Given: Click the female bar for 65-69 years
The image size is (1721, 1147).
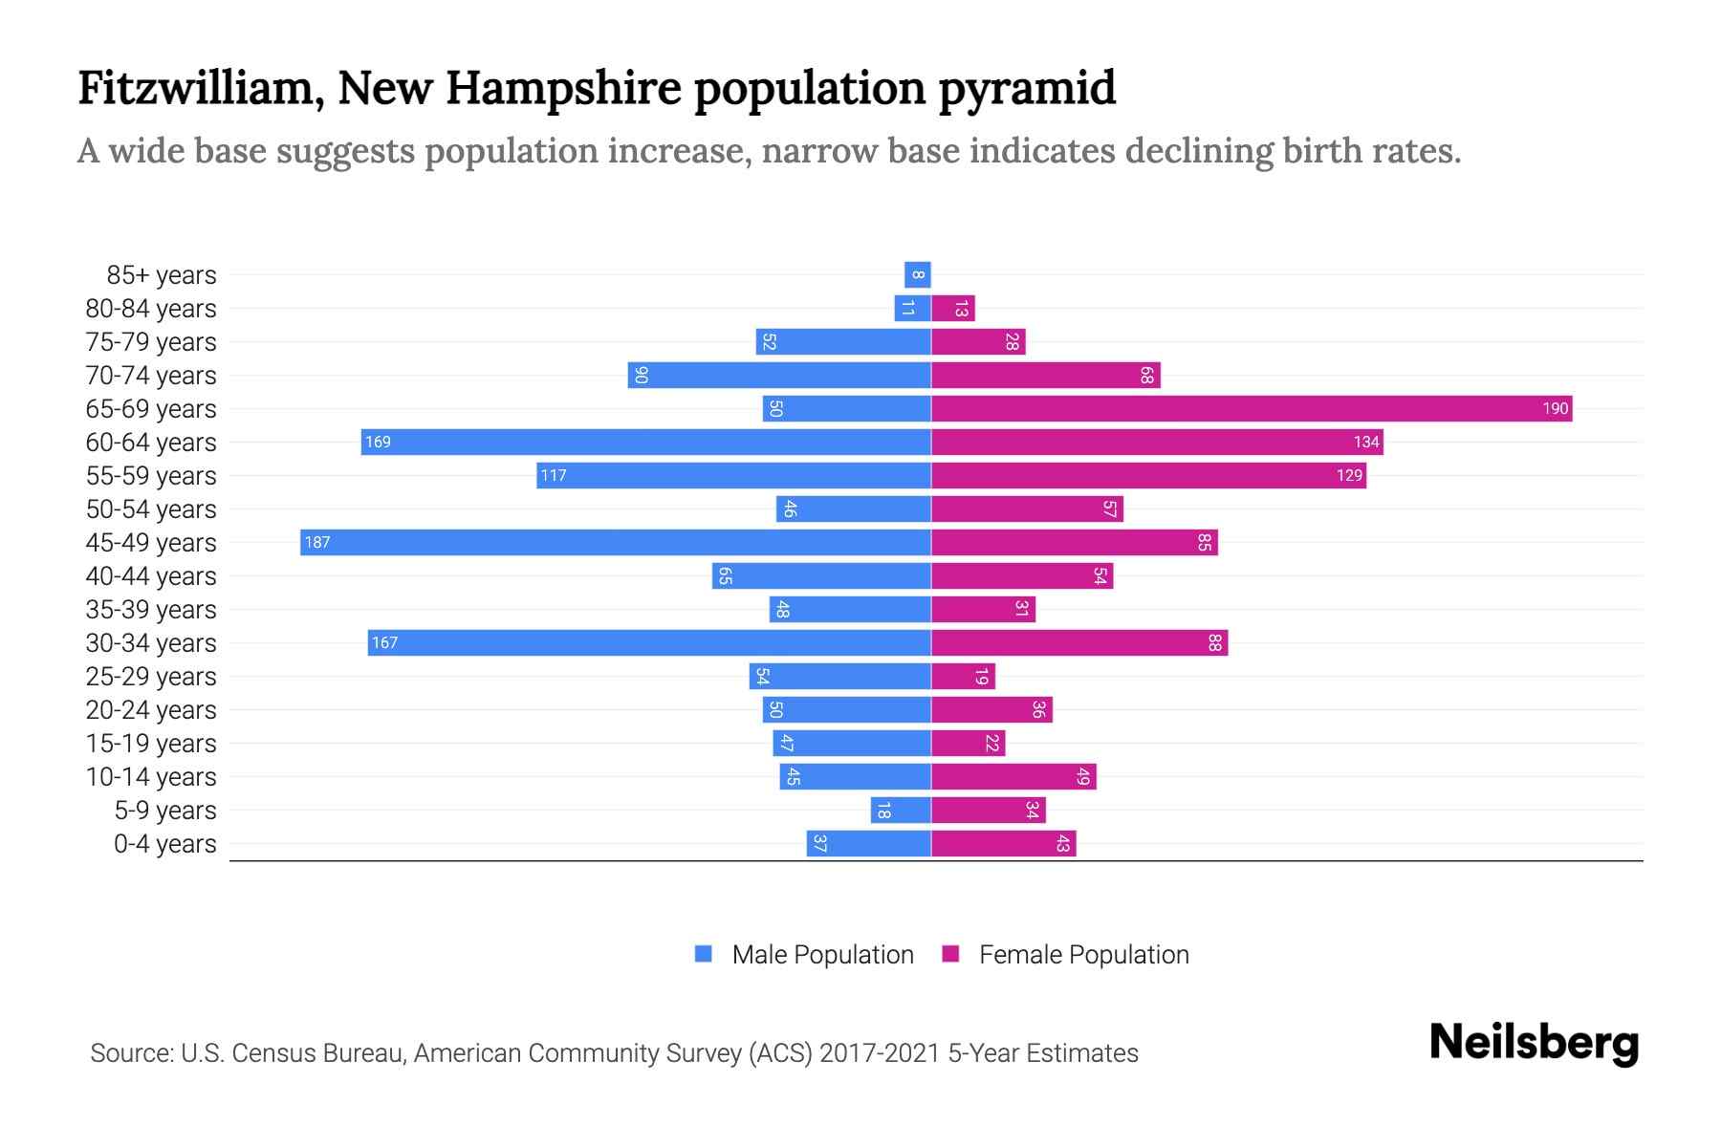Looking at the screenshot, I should [x=1251, y=409].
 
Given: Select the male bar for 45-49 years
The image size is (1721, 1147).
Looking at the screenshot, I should [x=615, y=543].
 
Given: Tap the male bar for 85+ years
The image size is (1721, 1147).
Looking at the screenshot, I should [x=917, y=275].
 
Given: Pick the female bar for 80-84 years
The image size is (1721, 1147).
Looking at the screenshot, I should [x=952, y=309].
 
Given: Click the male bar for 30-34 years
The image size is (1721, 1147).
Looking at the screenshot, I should [x=649, y=643].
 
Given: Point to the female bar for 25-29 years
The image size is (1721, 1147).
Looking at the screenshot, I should [x=963, y=677].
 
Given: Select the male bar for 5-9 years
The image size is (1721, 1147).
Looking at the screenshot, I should [x=900, y=811].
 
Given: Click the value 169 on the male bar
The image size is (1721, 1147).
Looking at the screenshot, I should [x=378, y=443].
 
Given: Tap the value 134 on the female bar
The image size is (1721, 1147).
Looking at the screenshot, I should [x=1366, y=443].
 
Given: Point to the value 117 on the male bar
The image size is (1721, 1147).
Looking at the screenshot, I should [x=554, y=476].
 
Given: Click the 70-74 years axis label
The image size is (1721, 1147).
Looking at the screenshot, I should [x=151, y=376].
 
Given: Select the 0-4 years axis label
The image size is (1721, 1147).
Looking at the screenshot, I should [x=164, y=844].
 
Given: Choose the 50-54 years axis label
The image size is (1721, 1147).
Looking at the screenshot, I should [x=151, y=509].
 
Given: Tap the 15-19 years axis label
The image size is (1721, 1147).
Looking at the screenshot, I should [x=151, y=744].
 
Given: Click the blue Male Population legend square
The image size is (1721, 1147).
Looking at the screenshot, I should [x=704, y=954].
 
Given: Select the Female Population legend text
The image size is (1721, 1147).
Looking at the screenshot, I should [x=1083, y=955].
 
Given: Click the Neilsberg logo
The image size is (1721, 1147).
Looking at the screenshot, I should [x=1534, y=1043].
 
